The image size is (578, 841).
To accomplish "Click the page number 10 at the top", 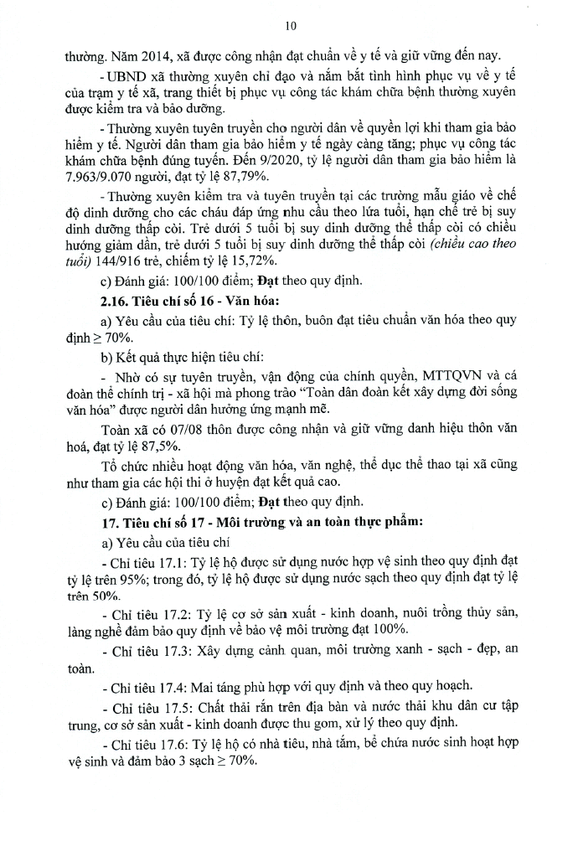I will pos(291,26).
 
